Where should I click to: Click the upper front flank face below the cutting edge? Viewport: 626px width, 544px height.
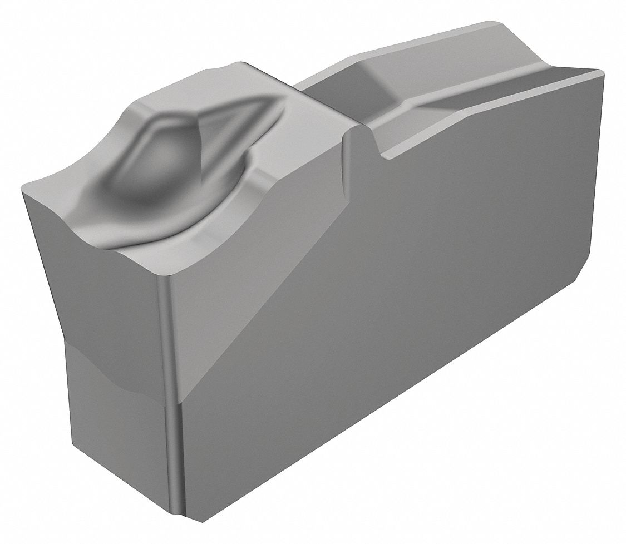tap(106, 300)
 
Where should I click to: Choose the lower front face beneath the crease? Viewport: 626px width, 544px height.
tap(117, 434)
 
